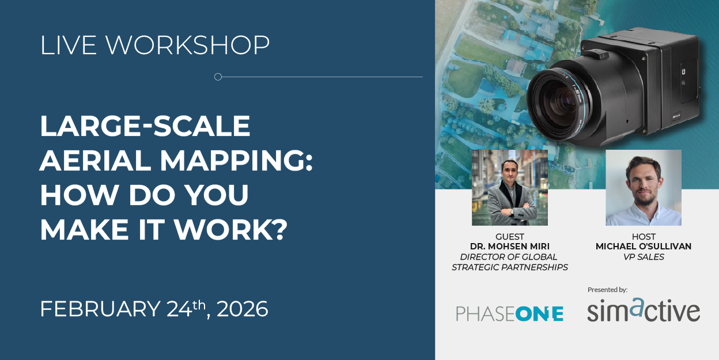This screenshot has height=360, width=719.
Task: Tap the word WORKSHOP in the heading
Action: [188, 45]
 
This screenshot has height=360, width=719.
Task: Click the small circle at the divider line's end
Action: [218, 77]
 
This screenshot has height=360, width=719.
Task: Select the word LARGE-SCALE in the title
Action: [145, 126]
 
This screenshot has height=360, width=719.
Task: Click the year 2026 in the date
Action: [242, 309]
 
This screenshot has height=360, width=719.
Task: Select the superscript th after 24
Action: [199, 304]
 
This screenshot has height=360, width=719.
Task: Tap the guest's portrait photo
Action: [510, 188]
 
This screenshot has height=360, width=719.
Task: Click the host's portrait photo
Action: [644, 188]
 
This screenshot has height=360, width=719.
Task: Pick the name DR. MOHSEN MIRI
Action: [510, 247]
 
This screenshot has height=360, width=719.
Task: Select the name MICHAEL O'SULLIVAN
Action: [644, 247]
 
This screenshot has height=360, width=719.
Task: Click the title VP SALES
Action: [644, 257]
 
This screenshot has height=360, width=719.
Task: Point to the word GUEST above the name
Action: [510, 237]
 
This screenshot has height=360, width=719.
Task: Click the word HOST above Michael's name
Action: [644, 237]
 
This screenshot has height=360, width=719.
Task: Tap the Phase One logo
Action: [510, 313]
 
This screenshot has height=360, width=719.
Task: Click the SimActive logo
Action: [644, 310]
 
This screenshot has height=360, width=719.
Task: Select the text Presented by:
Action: [607, 290]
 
